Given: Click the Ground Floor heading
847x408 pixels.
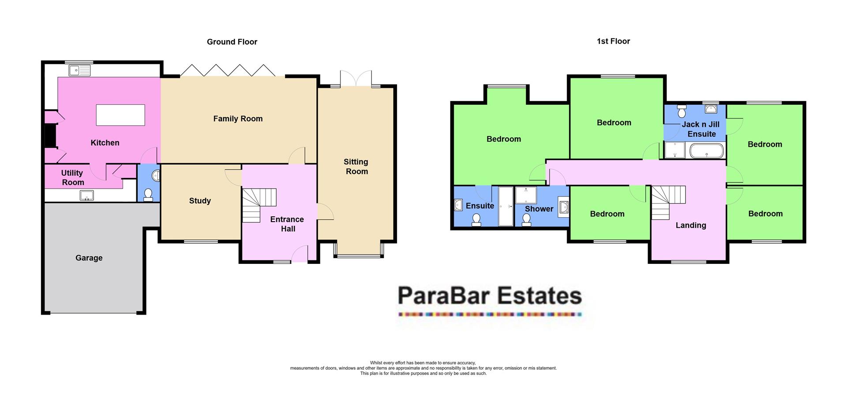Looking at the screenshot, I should [x=232, y=42].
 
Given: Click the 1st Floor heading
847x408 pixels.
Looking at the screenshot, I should [x=613, y=41].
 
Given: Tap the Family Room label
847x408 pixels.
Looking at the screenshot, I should [x=238, y=119].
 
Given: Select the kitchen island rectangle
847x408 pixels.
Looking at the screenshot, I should [x=120, y=115].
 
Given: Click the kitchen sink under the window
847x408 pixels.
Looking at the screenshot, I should [x=79, y=70].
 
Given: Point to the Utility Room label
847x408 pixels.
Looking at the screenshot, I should [x=72, y=178].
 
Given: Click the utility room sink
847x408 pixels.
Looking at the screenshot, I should [x=86, y=195].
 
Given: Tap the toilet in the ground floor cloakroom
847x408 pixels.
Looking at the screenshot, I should [x=148, y=194].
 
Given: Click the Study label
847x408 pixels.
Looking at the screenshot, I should [x=200, y=201].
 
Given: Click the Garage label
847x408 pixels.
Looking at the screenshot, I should [x=89, y=258].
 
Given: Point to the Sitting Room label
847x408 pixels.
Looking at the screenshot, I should [x=356, y=167].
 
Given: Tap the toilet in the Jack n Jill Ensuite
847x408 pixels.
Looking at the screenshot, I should [x=682, y=111].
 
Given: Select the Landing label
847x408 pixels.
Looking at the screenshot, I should [x=691, y=225].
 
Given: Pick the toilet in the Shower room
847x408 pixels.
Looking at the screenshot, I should [x=526, y=219].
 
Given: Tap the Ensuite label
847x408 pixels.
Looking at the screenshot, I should [x=480, y=206].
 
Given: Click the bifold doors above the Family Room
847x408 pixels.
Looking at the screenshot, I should [x=228, y=70].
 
